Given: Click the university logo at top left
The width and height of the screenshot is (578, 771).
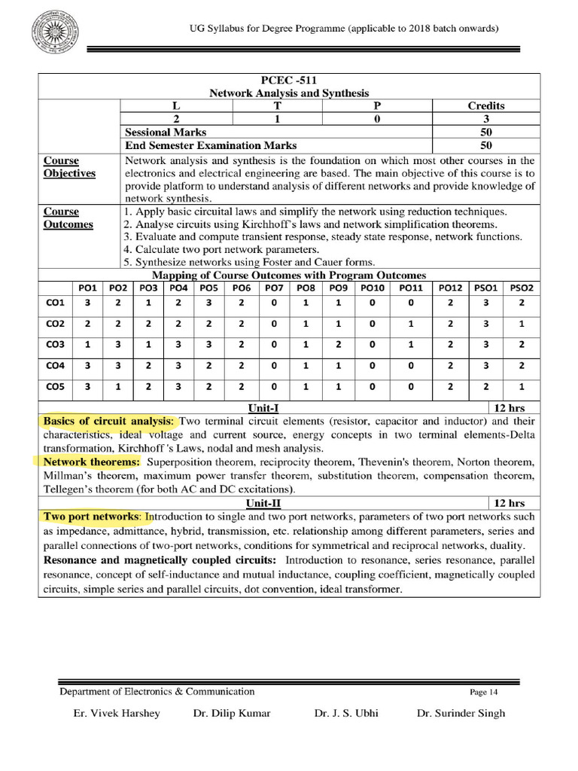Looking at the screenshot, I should (x=52, y=38).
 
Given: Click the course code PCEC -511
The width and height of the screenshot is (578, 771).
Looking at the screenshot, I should (x=289, y=80).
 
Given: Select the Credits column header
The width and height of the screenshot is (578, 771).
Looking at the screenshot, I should (x=486, y=105).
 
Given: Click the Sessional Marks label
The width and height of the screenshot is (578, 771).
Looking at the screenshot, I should (x=166, y=132).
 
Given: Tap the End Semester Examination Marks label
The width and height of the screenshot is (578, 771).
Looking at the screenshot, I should (x=211, y=145).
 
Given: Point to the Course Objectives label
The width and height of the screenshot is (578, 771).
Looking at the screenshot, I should (x=69, y=167).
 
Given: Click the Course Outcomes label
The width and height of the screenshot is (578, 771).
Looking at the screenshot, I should (x=68, y=218).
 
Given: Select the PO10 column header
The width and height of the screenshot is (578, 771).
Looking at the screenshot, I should (x=372, y=287).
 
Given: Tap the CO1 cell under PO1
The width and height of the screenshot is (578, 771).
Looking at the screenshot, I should (x=88, y=303).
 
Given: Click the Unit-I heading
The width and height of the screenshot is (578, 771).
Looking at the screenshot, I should (x=263, y=407).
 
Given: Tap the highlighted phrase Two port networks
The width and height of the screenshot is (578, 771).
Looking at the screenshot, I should (x=91, y=517).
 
